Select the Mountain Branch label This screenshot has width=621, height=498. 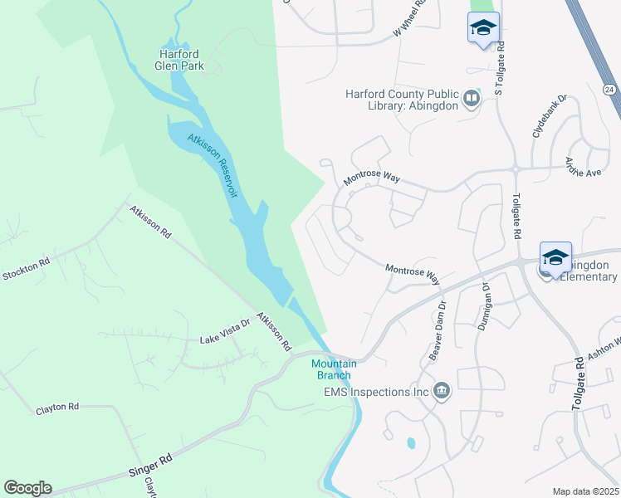334,369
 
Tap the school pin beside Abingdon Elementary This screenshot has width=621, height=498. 555,257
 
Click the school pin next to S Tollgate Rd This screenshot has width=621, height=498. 483,28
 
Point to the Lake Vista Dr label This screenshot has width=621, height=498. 225,336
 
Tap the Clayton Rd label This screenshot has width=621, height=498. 57,408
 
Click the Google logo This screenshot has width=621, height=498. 27,488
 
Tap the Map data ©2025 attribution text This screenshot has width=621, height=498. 585,491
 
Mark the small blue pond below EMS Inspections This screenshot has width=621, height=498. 410,443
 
